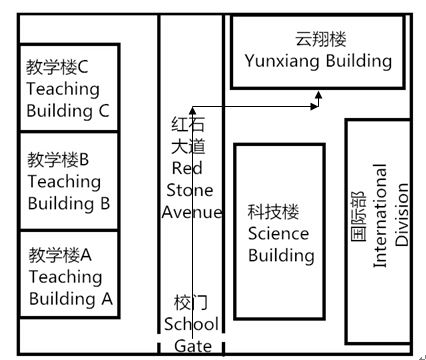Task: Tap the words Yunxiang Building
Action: click(x=318, y=62)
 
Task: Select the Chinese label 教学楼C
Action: click(x=58, y=67)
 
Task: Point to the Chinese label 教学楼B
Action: click(x=58, y=159)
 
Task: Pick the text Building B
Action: click(x=68, y=203)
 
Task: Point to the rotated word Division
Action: click(x=402, y=215)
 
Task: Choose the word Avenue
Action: click(x=191, y=211)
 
